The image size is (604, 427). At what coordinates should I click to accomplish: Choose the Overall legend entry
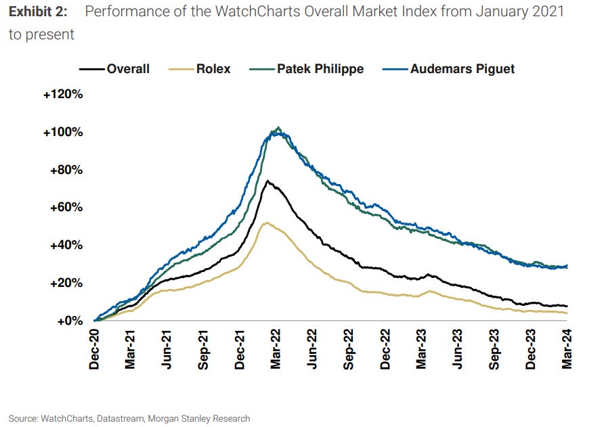(x=127, y=68)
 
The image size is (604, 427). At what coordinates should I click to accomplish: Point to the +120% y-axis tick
(x=63, y=94)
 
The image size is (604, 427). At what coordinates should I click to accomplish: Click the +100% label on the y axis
(x=63, y=132)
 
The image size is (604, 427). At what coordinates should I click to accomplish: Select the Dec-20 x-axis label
(x=94, y=349)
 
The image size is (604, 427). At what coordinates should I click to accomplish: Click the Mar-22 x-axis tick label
(x=276, y=349)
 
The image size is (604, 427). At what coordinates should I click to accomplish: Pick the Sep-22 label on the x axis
(x=349, y=349)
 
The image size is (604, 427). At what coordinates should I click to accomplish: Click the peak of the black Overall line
(x=267, y=181)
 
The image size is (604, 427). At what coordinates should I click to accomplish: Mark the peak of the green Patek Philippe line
(x=278, y=127)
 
